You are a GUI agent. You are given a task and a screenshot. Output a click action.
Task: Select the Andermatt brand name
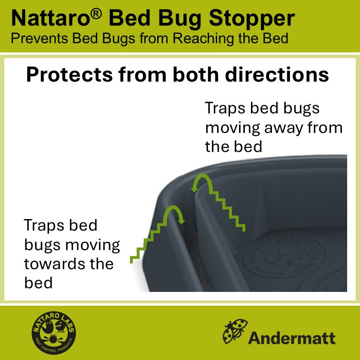point(291,338)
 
